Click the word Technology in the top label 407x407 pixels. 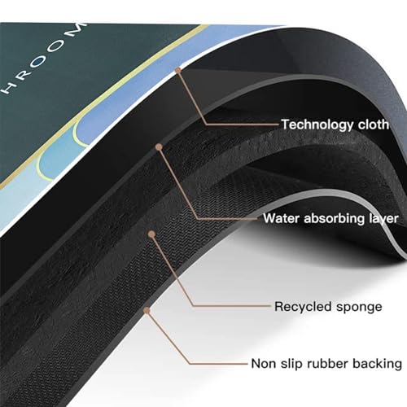317,125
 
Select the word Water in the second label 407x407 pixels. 281,218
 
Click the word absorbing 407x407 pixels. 334,219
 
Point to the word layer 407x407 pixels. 383,219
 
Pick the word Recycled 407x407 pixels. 303,307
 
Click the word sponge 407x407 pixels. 359,308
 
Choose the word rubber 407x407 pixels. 327,363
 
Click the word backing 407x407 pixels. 377,364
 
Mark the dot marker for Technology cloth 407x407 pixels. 178,71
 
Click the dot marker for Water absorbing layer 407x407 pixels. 159,147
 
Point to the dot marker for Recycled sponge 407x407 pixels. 152,234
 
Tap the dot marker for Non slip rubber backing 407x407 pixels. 147,310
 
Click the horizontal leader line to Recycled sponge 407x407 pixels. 232,306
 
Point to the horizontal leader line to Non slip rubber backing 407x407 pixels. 219,364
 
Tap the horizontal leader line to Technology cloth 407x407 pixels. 243,125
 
